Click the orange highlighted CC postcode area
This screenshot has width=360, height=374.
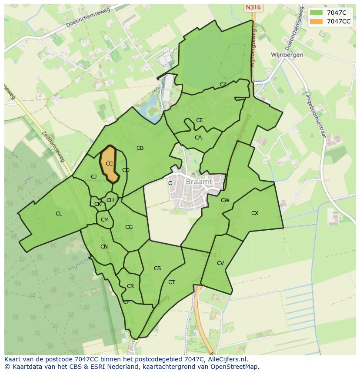109,164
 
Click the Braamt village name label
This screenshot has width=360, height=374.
199,182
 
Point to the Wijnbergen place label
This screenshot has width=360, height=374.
287,55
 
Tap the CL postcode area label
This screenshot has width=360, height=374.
59,214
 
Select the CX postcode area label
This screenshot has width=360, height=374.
255,213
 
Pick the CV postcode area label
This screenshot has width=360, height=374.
220,263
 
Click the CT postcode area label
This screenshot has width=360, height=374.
172,282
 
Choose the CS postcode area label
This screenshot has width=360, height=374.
157,268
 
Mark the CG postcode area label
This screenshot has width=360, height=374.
129,227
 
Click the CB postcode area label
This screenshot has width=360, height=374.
140,148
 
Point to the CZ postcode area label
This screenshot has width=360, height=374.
223,85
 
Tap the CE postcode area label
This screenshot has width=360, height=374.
199,120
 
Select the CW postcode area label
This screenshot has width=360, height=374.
225,200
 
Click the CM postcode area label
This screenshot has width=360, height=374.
105,220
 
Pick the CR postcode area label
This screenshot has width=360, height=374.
130,286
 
